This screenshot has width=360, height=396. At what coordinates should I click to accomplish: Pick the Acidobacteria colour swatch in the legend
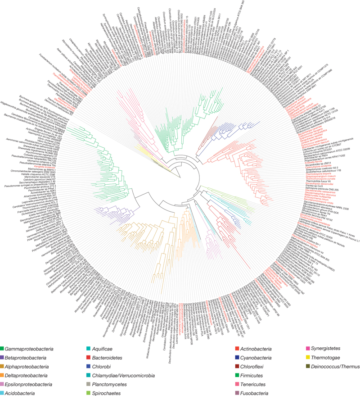[x=4, y=383]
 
